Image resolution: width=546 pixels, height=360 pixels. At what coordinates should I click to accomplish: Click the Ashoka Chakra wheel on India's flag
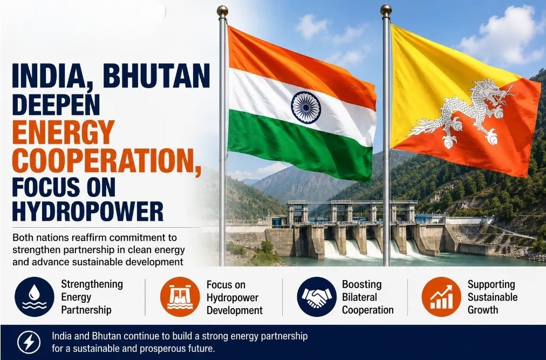306,107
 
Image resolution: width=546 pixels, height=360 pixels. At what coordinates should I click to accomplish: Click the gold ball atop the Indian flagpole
222,11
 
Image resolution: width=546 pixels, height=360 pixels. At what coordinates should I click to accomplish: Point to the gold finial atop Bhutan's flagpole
386,10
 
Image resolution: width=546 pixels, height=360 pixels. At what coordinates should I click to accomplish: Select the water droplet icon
34,297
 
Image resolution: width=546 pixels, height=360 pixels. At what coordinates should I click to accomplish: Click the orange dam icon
180,297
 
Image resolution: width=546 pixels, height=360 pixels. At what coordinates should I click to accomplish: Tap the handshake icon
317,297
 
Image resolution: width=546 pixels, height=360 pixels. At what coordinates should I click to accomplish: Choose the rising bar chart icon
441,297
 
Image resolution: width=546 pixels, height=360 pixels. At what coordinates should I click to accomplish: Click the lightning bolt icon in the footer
29,342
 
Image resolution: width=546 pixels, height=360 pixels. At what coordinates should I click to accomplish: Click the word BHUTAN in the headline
156,76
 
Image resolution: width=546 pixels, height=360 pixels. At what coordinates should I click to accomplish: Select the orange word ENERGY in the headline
63,132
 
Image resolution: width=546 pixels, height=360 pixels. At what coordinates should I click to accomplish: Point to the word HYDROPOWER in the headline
88,211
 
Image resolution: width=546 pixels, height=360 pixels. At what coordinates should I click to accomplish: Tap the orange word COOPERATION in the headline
106,161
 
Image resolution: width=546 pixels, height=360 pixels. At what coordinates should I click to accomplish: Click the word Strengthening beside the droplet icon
92,285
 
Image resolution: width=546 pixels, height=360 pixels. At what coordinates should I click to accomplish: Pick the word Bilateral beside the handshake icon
359,297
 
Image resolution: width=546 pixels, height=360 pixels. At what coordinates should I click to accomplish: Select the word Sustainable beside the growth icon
493,297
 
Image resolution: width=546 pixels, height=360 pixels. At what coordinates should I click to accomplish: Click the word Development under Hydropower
235,310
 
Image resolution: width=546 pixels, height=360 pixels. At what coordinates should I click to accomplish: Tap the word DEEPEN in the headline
56,104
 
